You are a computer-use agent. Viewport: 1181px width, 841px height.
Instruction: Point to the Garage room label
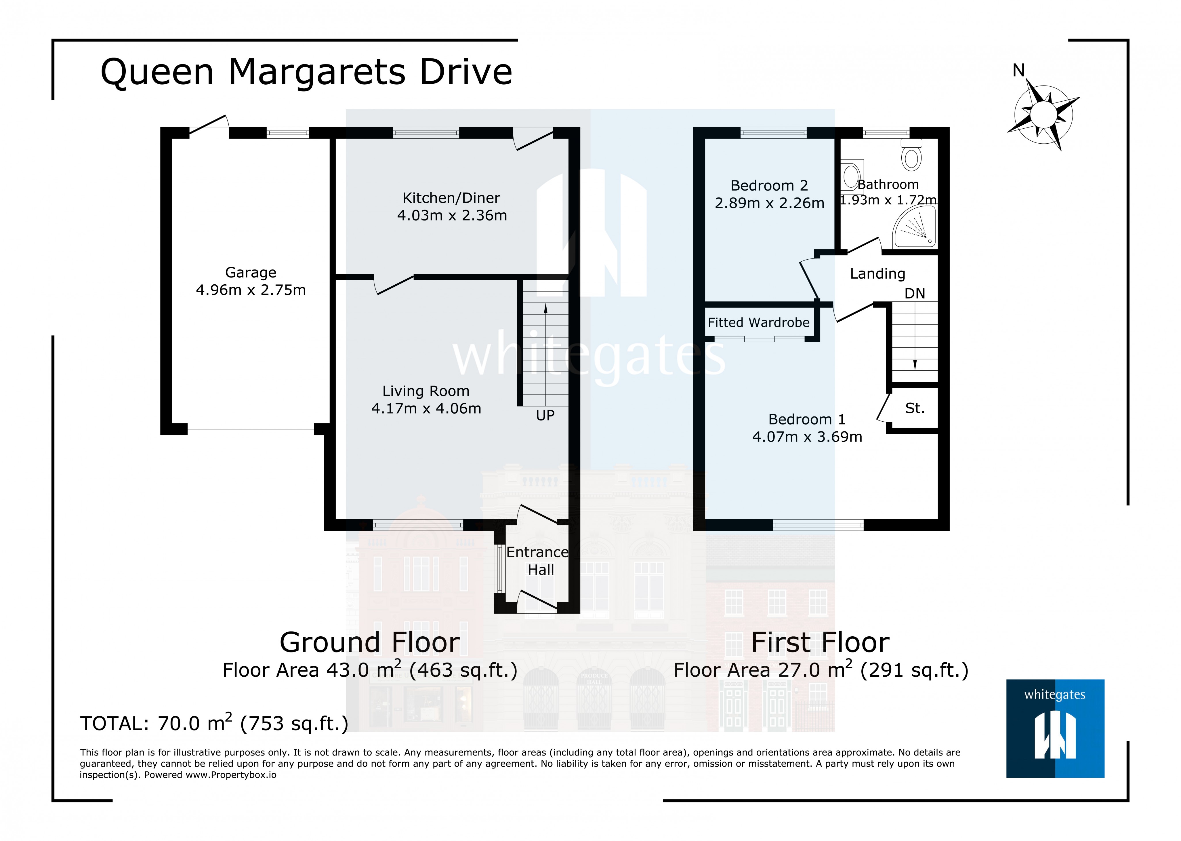[x=251, y=272]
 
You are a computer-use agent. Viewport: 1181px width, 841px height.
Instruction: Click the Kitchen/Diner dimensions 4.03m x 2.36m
[x=452, y=215]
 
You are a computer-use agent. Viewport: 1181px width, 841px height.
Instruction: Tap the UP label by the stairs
[x=545, y=415]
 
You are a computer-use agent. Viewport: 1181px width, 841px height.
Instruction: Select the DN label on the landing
[x=915, y=294]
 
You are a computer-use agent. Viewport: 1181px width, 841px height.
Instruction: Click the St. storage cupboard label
[x=915, y=409]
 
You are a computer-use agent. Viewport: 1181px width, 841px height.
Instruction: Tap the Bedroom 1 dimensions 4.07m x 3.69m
[x=807, y=437]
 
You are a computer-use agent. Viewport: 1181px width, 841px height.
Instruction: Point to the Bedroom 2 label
[x=769, y=185]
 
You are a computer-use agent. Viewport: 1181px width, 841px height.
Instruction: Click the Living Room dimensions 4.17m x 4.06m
[x=426, y=409]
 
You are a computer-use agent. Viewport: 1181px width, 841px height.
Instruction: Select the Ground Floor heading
[x=369, y=643]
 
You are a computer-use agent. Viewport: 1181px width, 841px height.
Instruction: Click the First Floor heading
[x=820, y=643]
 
